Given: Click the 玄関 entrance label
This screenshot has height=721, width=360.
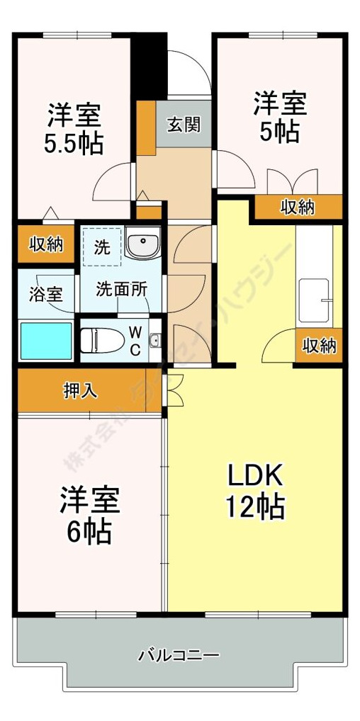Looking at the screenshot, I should click(x=183, y=125).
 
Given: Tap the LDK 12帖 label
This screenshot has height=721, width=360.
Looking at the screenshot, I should click(x=255, y=489).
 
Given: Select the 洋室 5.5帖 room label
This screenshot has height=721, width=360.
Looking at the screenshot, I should click(x=74, y=129).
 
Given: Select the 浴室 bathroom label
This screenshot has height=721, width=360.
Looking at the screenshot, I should click(x=45, y=294).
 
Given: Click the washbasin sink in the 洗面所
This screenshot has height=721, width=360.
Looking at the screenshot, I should click(x=143, y=245).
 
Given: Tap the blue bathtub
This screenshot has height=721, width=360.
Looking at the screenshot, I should click(x=46, y=341).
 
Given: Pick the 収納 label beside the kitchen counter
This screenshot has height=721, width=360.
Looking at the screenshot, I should click(x=320, y=346).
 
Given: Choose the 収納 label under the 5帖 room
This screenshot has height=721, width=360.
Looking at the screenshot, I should click(x=298, y=208).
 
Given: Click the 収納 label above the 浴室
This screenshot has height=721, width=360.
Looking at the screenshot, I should click(x=46, y=244).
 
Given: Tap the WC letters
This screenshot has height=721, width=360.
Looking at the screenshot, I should click(x=135, y=340).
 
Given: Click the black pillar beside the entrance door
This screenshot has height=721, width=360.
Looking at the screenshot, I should click(x=150, y=67).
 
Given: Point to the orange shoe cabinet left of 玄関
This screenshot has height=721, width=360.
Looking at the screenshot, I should click(x=146, y=128).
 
